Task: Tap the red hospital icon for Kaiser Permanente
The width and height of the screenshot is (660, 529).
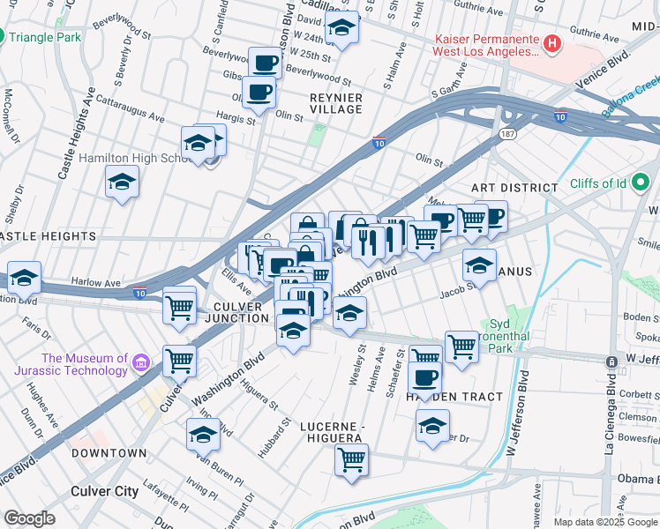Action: [x=551, y=42]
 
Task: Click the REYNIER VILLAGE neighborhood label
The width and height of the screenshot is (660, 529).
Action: [x=335, y=101]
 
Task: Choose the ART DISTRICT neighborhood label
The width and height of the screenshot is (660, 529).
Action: [x=514, y=188]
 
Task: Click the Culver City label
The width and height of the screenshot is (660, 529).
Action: [x=104, y=490]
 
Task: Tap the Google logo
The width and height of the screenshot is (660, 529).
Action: [x=30, y=518]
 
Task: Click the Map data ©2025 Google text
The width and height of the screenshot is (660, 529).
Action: [x=605, y=522]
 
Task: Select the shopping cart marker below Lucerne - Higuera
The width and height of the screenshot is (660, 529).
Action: [x=351, y=459]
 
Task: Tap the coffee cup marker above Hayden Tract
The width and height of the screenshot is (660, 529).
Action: [x=424, y=378]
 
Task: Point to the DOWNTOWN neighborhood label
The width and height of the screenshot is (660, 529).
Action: [x=109, y=453]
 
